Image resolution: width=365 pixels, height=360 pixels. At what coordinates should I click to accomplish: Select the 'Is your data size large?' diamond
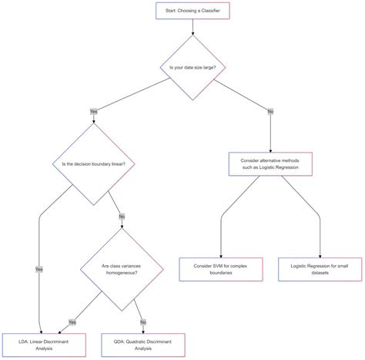coord(193,68)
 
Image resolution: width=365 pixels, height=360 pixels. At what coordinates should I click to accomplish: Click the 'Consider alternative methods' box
coord(270,163)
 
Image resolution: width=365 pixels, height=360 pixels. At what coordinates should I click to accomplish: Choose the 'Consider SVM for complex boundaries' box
coord(221,270)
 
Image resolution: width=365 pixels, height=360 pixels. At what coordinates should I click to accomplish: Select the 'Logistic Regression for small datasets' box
coord(320,270)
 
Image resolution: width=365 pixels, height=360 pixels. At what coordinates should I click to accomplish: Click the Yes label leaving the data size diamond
coord(94,111)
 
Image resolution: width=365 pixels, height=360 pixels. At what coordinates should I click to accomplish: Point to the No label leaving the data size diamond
coord(270,111)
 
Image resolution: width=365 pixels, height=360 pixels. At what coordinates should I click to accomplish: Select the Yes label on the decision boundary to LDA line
coord(39,269)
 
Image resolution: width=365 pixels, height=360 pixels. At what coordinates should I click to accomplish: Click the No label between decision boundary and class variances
coord(121,216)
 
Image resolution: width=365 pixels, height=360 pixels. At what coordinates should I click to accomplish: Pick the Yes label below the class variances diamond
coord(72,321)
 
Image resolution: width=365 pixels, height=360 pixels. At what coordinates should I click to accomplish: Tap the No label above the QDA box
coord(142,321)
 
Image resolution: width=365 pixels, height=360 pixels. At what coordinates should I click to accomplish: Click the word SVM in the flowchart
coord(219,265)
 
